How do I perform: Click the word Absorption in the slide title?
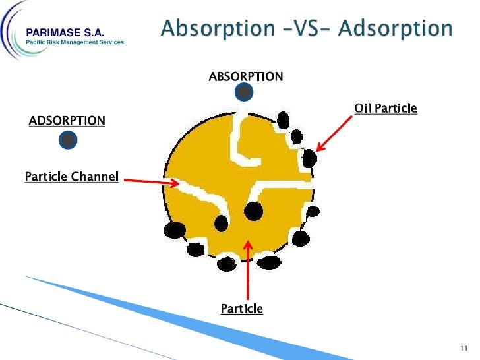212,30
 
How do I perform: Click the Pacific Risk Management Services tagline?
74,43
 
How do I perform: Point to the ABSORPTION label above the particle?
246,76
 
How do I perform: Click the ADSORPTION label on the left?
67,121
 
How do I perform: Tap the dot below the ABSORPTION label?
244,92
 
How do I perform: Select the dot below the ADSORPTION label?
67,139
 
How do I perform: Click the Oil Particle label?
386,108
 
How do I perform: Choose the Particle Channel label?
71,177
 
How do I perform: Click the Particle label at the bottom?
241,308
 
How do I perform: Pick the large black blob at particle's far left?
175,230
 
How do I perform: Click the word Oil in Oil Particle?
361,108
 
